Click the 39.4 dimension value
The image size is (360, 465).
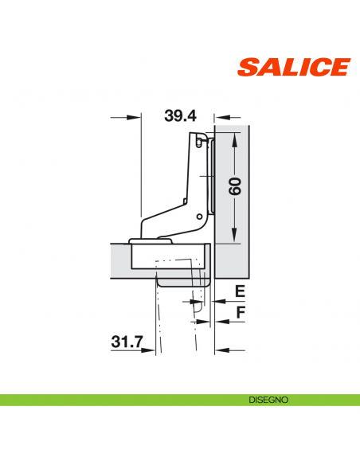point(180,115)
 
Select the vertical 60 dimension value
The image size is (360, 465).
point(234,188)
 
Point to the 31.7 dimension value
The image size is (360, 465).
point(127,342)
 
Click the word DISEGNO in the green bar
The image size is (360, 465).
point(267,399)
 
